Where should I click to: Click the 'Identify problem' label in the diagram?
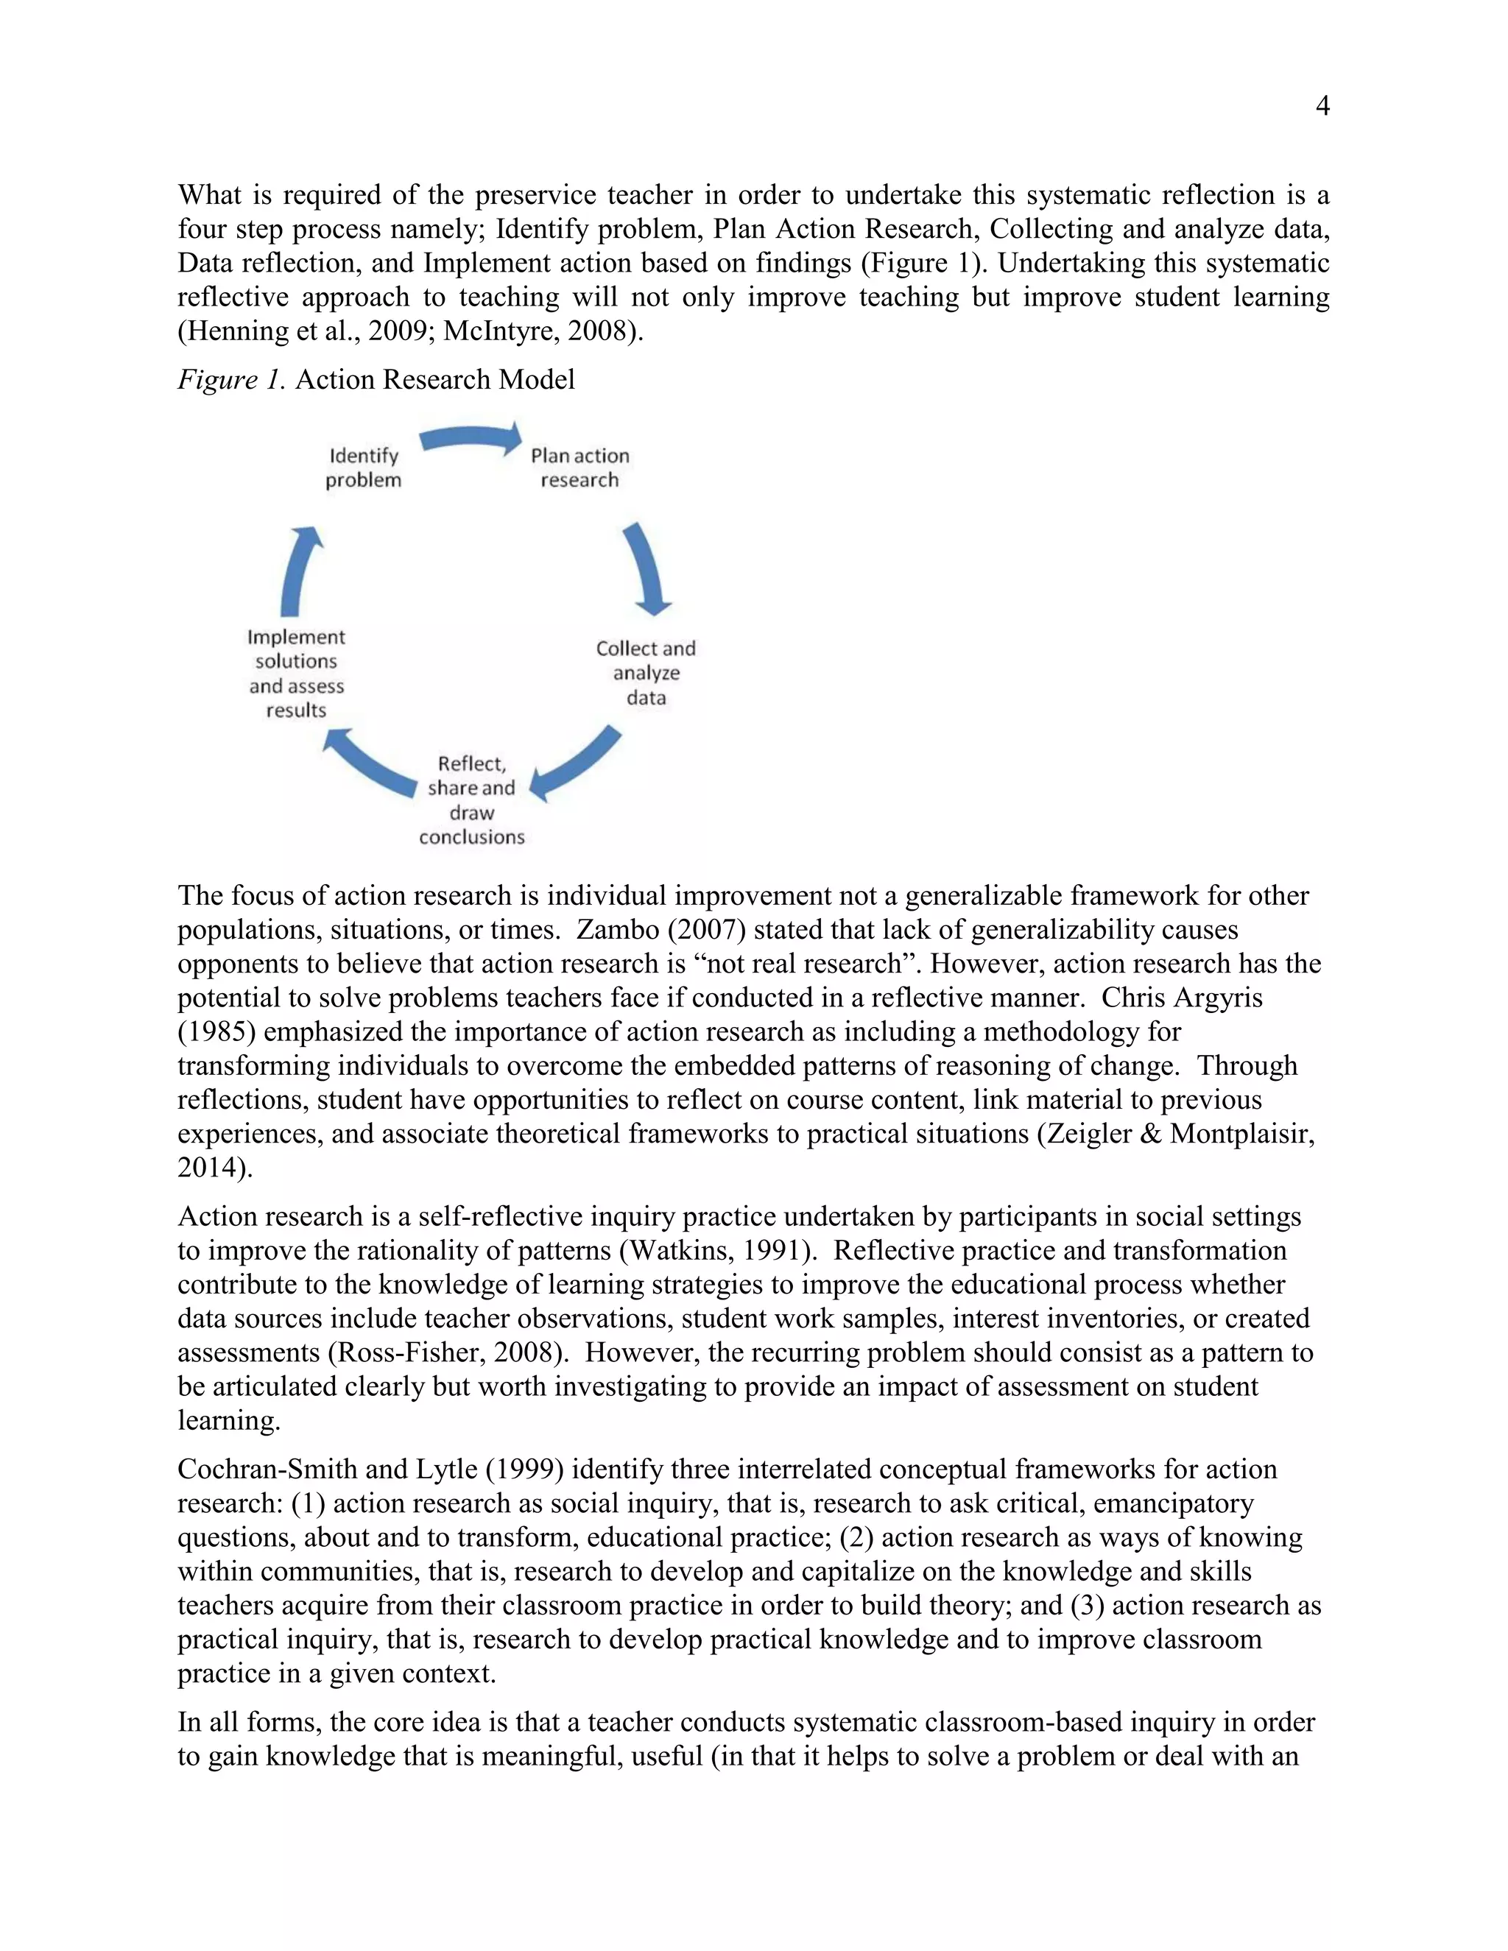(363, 468)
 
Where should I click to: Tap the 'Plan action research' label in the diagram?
(579, 468)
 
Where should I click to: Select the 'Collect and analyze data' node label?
(646, 673)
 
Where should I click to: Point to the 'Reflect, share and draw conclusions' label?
(472, 800)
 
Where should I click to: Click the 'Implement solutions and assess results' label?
(297, 674)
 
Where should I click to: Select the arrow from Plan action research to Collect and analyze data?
(649, 569)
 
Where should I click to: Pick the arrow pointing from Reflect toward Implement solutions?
(368, 763)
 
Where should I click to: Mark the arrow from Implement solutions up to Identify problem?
(298, 570)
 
